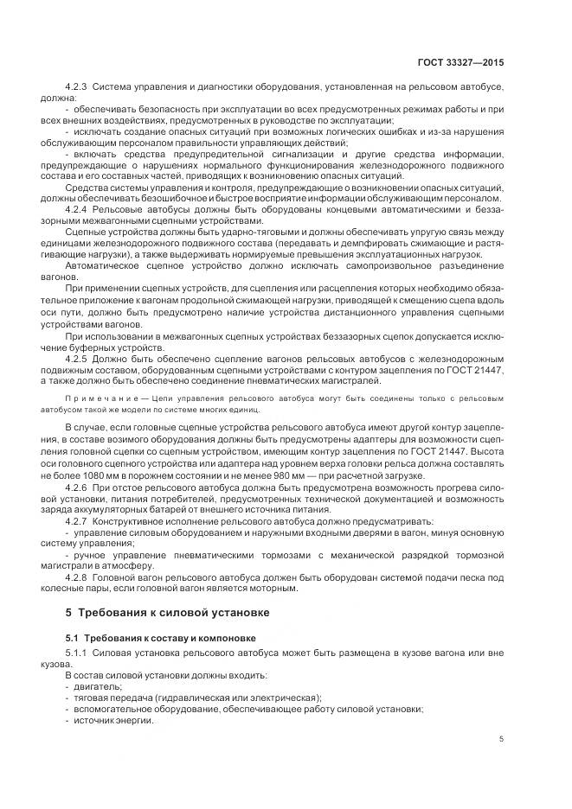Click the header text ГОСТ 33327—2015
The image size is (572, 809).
point(463,62)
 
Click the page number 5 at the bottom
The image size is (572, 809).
point(501,738)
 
